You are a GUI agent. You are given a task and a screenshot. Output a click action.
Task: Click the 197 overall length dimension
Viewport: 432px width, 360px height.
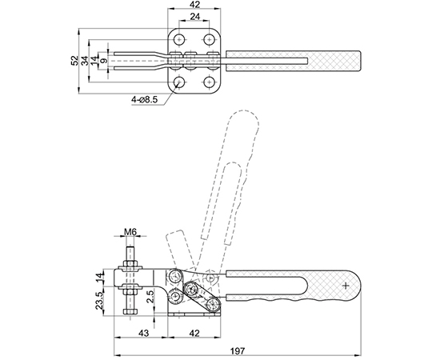(238, 350)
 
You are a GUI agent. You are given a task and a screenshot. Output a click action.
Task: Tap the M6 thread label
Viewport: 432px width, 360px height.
(130, 232)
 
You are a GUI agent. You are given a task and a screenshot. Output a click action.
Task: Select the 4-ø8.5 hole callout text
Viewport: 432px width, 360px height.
(144, 100)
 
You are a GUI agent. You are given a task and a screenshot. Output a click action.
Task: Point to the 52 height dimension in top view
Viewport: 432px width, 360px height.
(74, 61)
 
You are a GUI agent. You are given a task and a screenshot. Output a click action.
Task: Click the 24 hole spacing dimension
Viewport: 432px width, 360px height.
(194, 17)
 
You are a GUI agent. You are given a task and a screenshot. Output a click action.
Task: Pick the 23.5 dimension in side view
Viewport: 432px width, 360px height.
(99, 301)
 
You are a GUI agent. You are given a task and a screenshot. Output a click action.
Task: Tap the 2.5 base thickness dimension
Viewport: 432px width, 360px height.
(150, 297)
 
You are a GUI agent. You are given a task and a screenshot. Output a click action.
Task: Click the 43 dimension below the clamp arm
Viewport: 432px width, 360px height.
(143, 334)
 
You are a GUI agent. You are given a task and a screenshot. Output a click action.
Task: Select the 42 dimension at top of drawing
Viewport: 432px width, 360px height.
(194, 5)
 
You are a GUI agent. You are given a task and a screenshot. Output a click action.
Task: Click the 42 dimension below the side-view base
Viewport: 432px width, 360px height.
(194, 334)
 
